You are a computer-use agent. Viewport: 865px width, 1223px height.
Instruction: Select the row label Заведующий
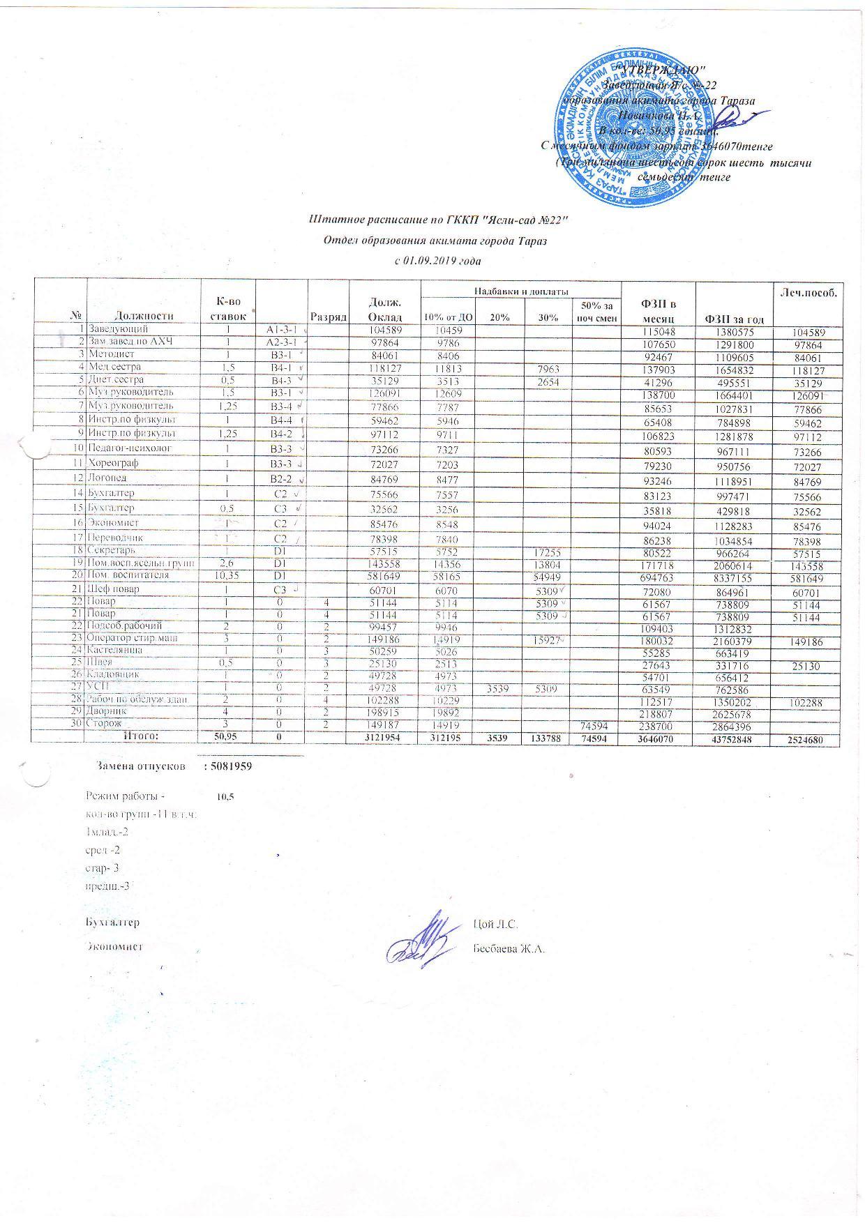tap(118, 328)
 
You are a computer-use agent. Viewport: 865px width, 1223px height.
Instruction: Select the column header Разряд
tap(329, 316)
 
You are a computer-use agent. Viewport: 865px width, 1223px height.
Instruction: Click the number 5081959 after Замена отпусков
tap(227, 766)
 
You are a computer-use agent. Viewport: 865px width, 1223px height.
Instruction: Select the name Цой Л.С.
tap(494, 925)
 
